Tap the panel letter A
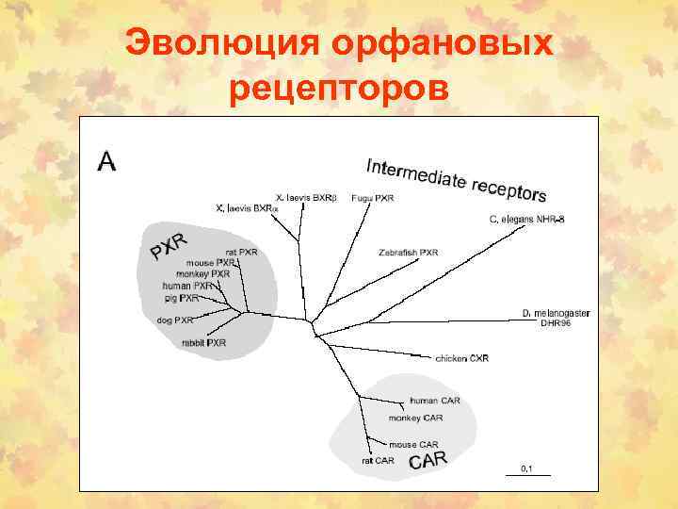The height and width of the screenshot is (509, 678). click(107, 162)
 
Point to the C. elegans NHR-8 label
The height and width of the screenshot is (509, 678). click(525, 219)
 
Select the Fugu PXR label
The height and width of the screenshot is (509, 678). click(372, 198)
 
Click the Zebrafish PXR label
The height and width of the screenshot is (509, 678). click(408, 253)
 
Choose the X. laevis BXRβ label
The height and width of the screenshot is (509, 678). click(306, 198)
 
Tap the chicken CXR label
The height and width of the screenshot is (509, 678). click(461, 358)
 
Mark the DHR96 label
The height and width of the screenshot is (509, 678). click(556, 323)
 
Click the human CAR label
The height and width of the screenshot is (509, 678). click(434, 401)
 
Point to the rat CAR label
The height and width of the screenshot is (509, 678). click(378, 461)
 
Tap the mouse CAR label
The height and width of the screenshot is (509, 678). click(414, 444)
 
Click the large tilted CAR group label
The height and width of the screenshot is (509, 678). click(428, 461)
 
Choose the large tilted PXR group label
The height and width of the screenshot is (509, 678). click(169, 242)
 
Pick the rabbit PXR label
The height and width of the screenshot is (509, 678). click(204, 343)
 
